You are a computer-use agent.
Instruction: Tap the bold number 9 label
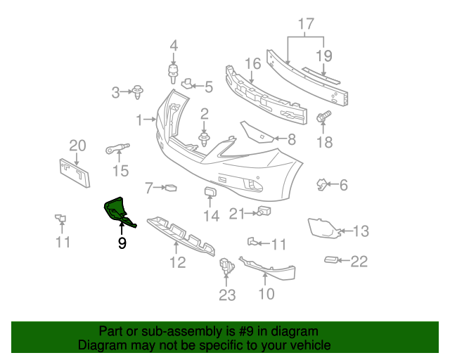(x=122, y=244)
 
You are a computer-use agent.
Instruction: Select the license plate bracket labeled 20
(x=75, y=173)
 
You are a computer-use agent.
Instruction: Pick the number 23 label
(x=226, y=295)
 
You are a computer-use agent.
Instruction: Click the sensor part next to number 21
(x=264, y=212)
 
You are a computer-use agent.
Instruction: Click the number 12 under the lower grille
(x=176, y=262)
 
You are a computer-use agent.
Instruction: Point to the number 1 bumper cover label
(x=139, y=119)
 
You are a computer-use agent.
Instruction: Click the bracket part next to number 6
(x=322, y=185)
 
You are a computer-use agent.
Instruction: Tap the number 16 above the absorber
(x=252, y=64)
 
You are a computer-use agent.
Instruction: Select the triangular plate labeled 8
(x=257, y=131)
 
